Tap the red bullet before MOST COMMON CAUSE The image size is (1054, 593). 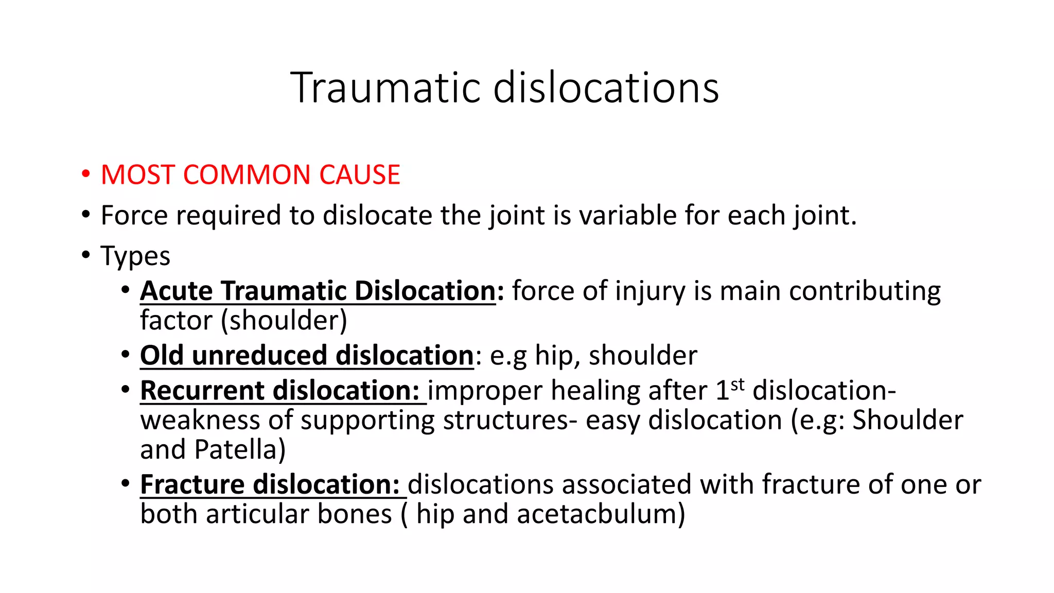coord(85,173)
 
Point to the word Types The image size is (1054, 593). coord(135,256)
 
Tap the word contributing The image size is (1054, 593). coord(865,291)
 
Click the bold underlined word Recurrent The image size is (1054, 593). coord(202,390)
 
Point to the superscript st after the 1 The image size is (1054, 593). coord(737,384)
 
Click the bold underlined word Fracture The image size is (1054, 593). coord(192,484)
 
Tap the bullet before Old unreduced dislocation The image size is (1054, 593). coord(126,354)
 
